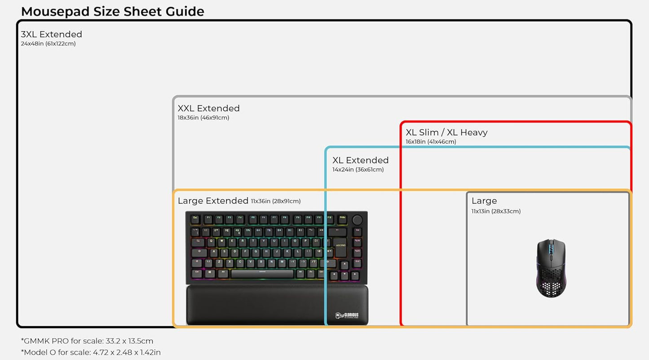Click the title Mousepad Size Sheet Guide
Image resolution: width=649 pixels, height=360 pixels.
pos(112,11)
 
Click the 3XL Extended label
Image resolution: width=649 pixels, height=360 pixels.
pos(52,34)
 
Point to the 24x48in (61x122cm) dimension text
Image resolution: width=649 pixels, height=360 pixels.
pos(48,44)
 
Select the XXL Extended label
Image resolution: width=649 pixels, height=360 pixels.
pos(209,108)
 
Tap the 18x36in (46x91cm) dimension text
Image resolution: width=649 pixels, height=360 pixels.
pos(203,118)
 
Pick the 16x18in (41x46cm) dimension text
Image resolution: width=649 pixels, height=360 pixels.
pos(431,142)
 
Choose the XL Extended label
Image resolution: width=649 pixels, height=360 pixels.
pos(361,160)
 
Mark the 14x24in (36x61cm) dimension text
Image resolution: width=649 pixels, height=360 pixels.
pos(358,169)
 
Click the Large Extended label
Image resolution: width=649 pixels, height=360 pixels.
pos(213,201)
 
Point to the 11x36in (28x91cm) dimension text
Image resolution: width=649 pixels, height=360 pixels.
pos(276,201)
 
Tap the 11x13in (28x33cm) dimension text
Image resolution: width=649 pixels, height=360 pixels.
pos(496,211)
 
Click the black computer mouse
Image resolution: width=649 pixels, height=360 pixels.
pos(551,268)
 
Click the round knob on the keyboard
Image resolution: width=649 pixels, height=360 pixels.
pos(358,220)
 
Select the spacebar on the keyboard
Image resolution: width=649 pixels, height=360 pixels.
pos(262,274)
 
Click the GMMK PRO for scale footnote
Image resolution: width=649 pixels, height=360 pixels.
pos(87,341)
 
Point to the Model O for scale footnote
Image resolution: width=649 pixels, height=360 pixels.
pos(91,352)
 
